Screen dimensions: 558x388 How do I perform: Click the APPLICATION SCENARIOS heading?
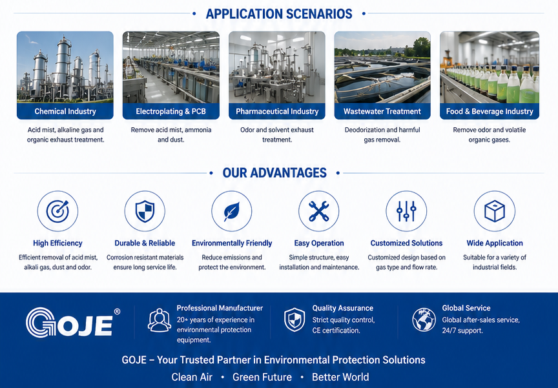pyautogui.click(x=279, y=14)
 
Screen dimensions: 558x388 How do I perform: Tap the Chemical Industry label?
pyautogui.click(x=65, y=111)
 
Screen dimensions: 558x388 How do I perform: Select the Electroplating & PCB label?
pyautogui.click(x=170, y=111)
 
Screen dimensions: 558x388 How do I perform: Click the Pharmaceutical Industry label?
pyautogui.click(x=277, y=111)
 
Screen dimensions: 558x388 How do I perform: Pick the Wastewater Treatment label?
pyautogui.click(x=382, y=111)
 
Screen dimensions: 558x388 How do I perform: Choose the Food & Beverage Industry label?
pyautogui.click(x=490, y=111)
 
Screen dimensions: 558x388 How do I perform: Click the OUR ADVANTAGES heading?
pyautogui.click(x=274, y=173)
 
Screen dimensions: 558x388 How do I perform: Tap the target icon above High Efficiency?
pyautogui.click(x=57, y=211)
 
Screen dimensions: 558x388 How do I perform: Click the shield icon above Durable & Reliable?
pyautogui.click(x=145, y=211)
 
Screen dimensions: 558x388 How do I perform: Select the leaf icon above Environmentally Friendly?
pyautogui.click(x=232, y=211)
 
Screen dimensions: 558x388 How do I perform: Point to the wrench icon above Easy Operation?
pyautogui.click(x=319, y=211)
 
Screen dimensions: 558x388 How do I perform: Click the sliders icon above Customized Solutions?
pyautogui.click(x=406, y=211)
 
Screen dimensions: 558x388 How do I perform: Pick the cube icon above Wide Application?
pyautogui.click(x=495, y=211)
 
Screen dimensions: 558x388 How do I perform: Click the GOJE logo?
pyautogui.click(x=70, y=323)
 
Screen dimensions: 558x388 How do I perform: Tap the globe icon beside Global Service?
pyautogui.click(x=424, y=320)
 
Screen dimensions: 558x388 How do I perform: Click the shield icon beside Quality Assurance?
pyautogui.click(x=294, y=320)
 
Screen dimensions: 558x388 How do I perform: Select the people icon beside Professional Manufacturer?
pyautogui.click(x=160, y=320)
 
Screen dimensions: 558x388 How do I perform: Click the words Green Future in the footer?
pyautogui.click(x=262, y=377)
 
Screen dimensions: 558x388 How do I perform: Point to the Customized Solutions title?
pyautogui.click(x=406, y=243)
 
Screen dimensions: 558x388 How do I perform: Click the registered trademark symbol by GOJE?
pyautogui.click(x=117, y=312)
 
